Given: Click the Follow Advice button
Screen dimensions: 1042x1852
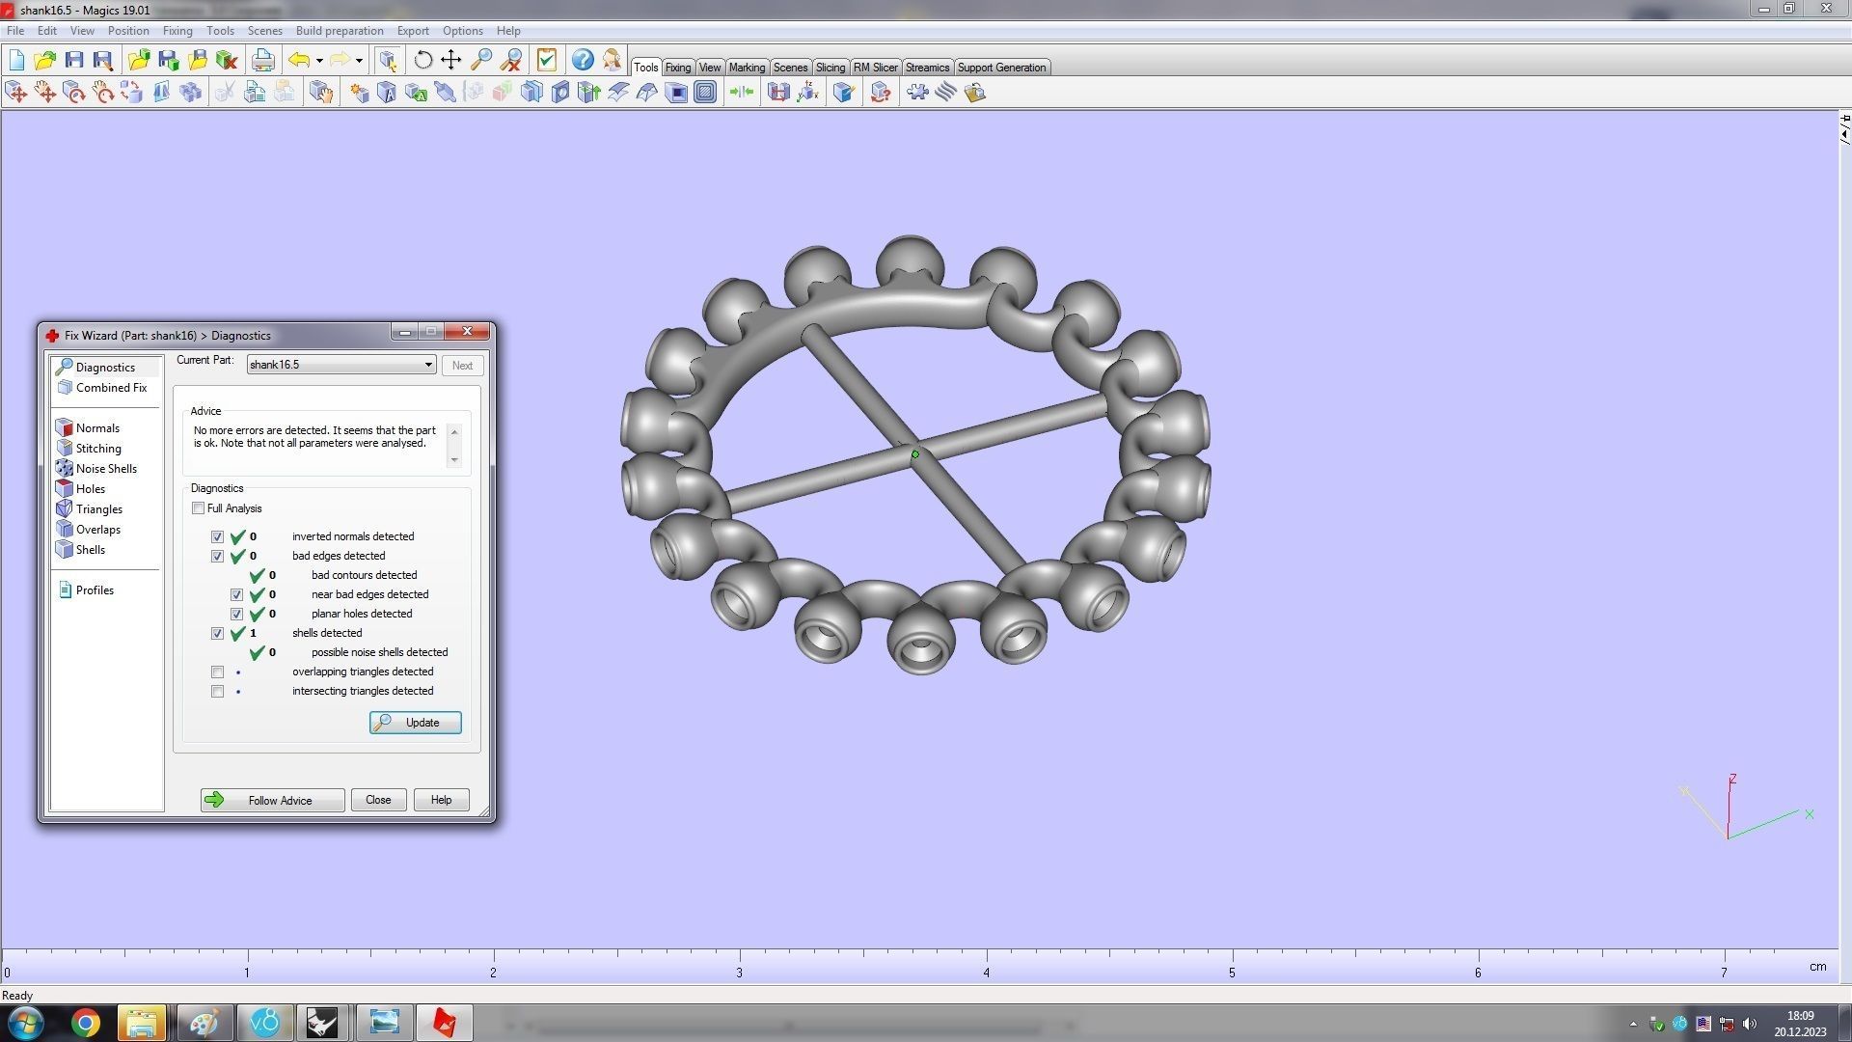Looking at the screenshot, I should pos(272,800).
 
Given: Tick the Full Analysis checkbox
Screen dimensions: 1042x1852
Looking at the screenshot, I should pos(199,508).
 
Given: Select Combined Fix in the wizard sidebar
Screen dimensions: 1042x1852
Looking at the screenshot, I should pos(111,388).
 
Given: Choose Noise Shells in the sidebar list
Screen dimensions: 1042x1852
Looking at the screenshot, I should pos(106,469).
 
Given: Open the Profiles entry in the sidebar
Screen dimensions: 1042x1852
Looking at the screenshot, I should pos(95,590).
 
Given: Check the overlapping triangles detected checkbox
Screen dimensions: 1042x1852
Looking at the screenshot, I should pos(217,672).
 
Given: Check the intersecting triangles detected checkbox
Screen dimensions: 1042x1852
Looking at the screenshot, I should pos(217,692).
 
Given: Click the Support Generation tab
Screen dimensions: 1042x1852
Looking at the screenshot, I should pos(1001,68).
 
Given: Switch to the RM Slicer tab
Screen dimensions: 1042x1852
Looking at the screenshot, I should pos(875,68).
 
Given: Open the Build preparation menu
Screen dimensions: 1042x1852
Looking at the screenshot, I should pos(340,31).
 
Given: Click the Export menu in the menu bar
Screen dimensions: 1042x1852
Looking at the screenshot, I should pos(413,31).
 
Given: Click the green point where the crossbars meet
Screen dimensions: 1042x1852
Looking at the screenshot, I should pos(915,454).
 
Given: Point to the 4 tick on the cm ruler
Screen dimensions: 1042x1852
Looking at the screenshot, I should pos(986,973).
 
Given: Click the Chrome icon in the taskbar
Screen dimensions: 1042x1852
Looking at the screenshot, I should pos(85,1023).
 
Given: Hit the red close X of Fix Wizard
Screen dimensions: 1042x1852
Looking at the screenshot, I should pos(467,332).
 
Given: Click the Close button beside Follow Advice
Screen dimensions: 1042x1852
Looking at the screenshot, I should pos(378,800).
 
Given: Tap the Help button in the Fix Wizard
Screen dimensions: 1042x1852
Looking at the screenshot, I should pos(441,800).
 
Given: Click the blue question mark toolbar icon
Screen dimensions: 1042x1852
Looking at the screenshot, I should pos(583,61).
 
